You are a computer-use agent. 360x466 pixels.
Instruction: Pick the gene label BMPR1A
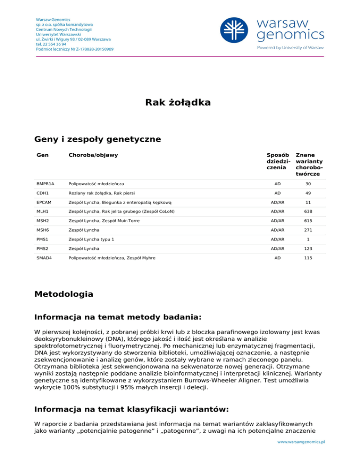coord(45,184)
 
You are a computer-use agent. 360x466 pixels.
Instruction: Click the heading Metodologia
coord(64,295)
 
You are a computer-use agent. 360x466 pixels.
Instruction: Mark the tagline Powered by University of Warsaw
coord(290,47)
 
